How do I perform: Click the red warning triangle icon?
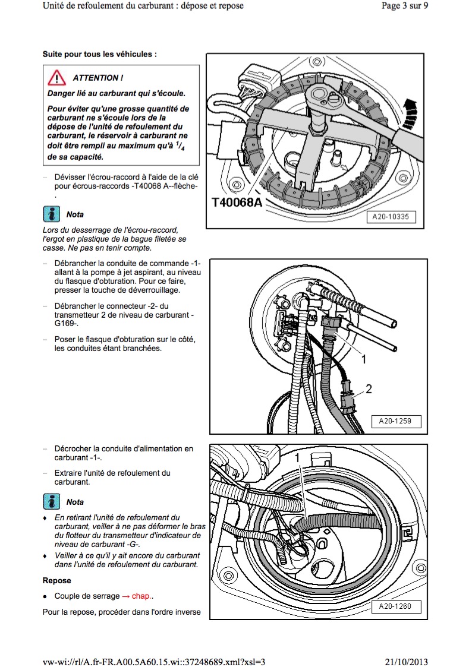(56, 78)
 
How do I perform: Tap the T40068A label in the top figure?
(237, 202)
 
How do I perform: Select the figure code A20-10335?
(391, 217)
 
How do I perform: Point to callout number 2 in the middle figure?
(369, 389)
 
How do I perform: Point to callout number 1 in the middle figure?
(364, 359)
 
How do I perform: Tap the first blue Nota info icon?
(52, 214)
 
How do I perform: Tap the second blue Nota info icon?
(52, 502)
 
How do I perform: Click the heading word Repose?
(56, 580)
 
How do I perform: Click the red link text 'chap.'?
(141, 596)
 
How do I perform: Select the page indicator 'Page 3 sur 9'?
(404, 6)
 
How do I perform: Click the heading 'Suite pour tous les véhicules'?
(99, 53)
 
